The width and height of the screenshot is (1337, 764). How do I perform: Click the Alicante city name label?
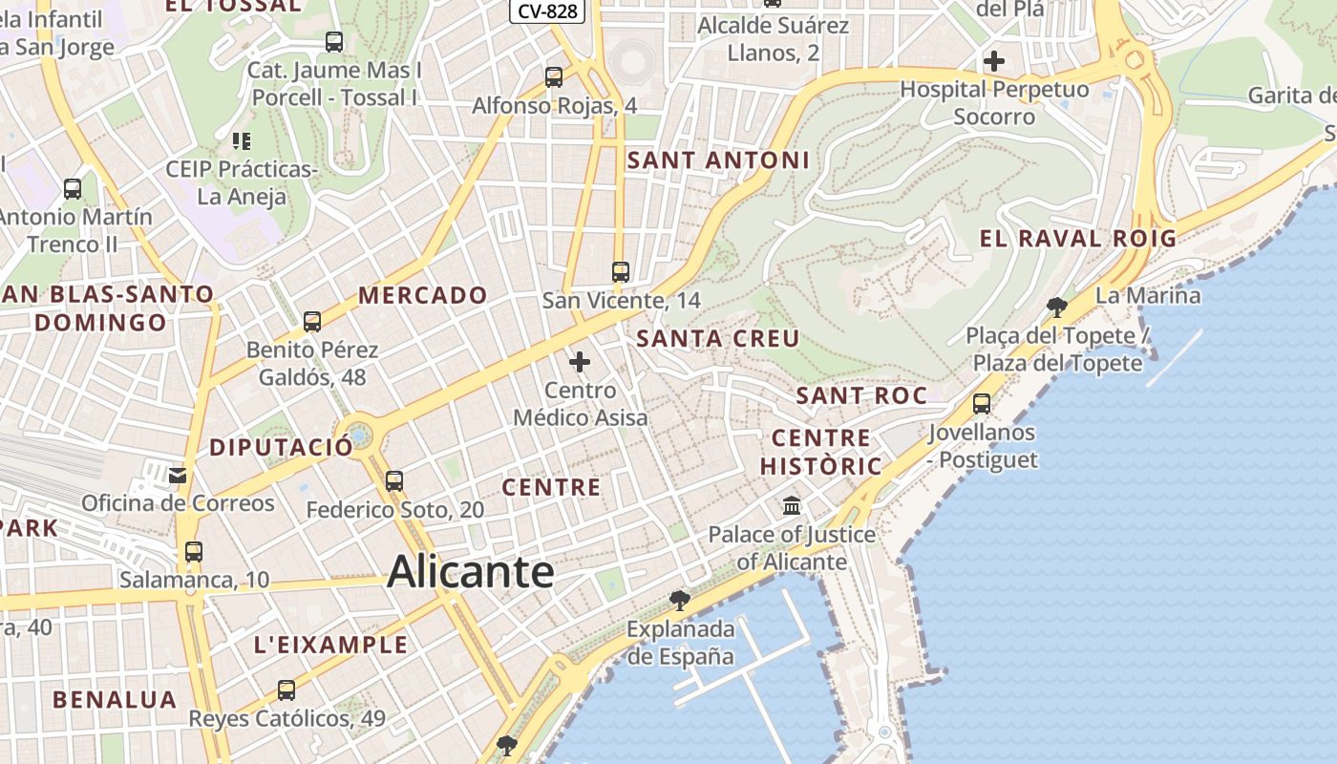471,572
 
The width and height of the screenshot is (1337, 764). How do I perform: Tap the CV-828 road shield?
547,11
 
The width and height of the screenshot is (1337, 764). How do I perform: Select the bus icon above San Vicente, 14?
621,272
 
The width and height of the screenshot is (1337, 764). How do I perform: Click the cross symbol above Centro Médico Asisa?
580,362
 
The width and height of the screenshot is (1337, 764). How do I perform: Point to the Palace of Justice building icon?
792,505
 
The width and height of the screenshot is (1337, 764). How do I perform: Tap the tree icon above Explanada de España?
680,600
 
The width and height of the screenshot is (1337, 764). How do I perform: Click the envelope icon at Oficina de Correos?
178,475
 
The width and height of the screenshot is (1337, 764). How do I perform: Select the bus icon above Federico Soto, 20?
394,481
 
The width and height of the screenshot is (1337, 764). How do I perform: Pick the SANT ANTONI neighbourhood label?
718,160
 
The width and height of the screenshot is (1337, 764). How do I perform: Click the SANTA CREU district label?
718,338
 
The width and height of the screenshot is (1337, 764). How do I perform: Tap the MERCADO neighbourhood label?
423,295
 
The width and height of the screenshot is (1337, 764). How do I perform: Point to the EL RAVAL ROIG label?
1078,239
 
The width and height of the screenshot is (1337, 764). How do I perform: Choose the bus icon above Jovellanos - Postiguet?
982,404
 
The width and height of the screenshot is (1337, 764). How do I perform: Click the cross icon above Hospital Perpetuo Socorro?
994,61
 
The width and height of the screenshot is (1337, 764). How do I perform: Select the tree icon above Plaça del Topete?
1056,307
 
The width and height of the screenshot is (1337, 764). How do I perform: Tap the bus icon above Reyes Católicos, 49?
286,690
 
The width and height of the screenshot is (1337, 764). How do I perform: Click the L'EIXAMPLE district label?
330,645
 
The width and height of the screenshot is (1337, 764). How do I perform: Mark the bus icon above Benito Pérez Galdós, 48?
312,322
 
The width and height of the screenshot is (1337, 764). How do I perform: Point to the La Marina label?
1148,295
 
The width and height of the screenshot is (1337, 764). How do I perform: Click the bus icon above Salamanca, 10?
194,552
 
